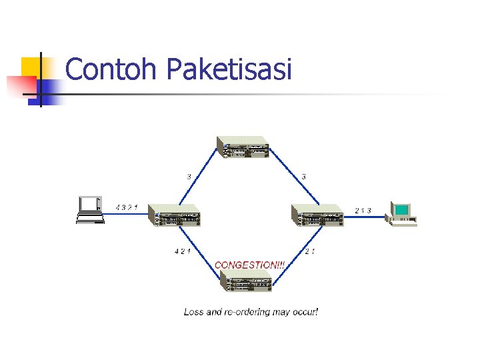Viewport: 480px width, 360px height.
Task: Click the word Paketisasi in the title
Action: click(x=229, y=69)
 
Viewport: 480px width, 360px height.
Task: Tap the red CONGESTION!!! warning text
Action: click(x=250, y=265)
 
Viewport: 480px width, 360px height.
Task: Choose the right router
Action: click(x=318, y=215)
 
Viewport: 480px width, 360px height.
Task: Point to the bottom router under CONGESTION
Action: click(x=247, y=282)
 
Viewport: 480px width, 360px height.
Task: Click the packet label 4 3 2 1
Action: click(x=127, y=207)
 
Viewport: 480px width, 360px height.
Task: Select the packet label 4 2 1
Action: click(x=181, y=251)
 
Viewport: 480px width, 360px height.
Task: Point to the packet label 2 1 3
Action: click(x=363, y=211)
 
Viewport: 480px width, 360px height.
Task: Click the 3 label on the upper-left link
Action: click(x=189, y=177)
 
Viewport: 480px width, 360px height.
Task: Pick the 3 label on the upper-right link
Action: click(x=304, y=177)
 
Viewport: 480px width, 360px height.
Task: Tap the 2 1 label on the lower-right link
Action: click(x=309, y=251)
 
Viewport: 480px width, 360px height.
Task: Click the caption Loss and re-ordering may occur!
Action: click(x=251, y=311)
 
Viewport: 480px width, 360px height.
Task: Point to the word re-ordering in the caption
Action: click(x=250, y=311)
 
